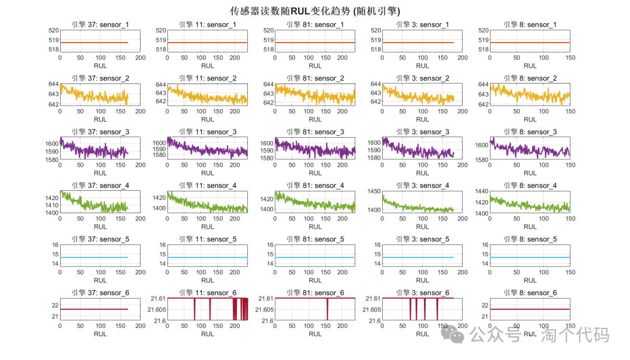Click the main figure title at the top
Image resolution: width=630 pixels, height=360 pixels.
click(315, 11)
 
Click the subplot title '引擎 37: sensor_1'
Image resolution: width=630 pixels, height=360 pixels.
click(100, 25)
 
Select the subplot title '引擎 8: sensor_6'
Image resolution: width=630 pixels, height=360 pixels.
click(530, 293)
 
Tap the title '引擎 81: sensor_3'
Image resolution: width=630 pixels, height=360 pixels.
click(315, 132)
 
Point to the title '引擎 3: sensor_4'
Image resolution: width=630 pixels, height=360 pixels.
click(422, 186)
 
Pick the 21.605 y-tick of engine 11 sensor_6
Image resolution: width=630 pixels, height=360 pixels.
click(156, 310)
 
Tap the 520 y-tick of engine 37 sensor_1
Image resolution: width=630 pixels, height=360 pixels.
click(52, 30)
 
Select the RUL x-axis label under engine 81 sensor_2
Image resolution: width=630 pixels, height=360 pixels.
click(315, 120)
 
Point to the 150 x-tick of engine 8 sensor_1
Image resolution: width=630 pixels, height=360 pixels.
click(570, 58)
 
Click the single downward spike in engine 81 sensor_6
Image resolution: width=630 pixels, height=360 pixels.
click(327, 309)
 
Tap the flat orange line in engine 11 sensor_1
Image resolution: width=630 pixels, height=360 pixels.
click(207, 43)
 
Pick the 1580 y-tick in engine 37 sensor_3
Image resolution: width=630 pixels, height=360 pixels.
click(50, 159)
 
